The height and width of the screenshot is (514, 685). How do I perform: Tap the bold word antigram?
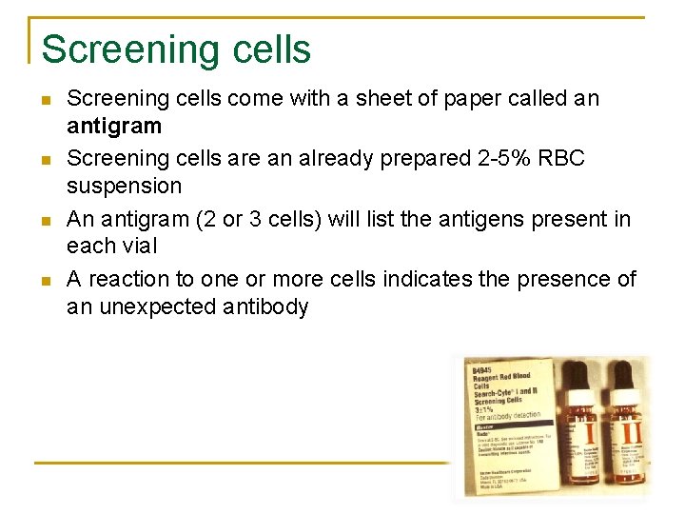click(x=114, y=127)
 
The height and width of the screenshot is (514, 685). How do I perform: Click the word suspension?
click(x=124, y=187)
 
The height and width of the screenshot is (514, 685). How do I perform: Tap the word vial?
click(x=141, y=247)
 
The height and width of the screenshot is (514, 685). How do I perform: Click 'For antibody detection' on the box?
click(x=508, y=415)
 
